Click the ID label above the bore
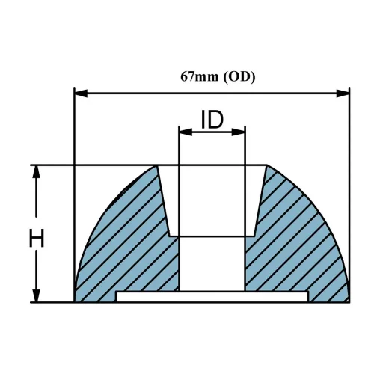pos(212,120)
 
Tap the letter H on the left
pos(37,239)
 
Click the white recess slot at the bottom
pos(212,297)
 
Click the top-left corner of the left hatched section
pos(157,166)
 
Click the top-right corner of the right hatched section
pos(267,166)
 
